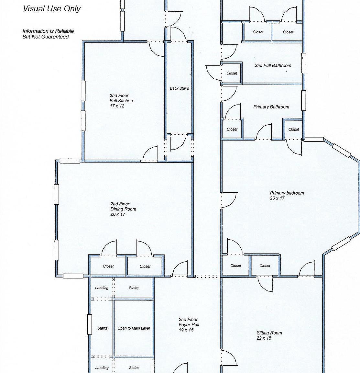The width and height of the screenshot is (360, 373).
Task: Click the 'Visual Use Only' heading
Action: tap(52, 9)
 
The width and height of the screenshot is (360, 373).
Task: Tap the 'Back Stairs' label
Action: tap(180, 88)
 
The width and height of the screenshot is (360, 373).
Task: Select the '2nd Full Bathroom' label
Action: tap(273, 65)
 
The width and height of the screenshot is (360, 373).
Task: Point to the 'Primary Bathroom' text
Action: tap(271, 107)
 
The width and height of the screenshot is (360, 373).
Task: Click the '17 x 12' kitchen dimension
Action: tap(117, 106)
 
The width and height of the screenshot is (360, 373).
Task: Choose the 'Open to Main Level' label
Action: tap(134, 328)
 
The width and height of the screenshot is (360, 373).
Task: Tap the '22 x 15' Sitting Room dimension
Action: tap(264, 338)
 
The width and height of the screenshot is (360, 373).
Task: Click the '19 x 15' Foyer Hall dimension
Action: tap(186, 330)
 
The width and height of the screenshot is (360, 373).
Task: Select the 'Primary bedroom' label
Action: tap(287, 193)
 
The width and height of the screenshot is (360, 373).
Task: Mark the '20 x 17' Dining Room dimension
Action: tap(118, 214)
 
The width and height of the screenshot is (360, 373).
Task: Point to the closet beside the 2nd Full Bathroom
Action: tap(232, 73)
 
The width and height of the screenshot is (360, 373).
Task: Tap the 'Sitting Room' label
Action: tap(269, 333)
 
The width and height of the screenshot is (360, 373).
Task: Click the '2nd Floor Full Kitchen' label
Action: tap(121, 98)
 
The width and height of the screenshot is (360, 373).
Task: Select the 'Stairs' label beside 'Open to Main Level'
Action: tap(102, 328)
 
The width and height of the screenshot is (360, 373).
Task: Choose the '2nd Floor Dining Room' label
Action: tap(123, 207)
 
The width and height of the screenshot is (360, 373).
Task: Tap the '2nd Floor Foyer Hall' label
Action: tap(189, 322)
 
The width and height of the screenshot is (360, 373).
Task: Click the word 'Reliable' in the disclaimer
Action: tap(64, 31)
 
